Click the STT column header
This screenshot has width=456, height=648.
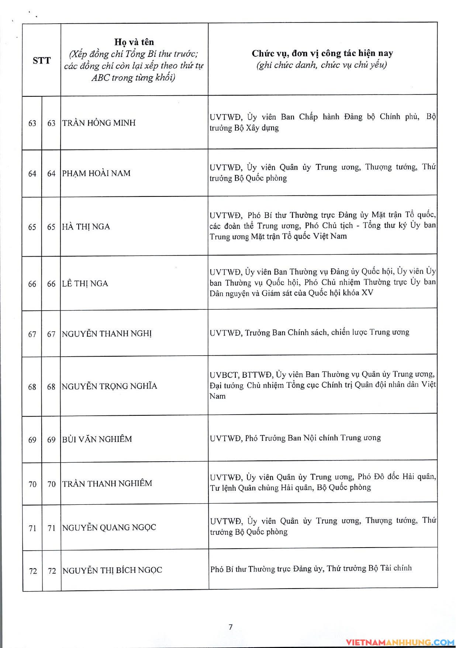(x=41, y=61)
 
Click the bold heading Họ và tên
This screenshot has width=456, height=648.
(x=134, y=42)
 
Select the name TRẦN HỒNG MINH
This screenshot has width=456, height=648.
(x=99, y=123)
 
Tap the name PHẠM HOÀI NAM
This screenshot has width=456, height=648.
(x=96, y=173)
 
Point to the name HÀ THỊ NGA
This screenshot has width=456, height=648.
(x=86, y=227)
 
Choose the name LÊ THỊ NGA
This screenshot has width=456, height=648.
(x=85, y=284)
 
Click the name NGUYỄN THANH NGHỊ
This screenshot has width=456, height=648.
(x=107, y=334)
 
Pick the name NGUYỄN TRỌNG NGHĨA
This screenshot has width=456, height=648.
(x=110, y=386)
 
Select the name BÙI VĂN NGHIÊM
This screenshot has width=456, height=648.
(x=97, y=439)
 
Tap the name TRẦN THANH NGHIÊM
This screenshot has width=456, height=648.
(x=107, y=484)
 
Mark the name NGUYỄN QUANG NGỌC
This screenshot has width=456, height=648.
(x=109, y=528)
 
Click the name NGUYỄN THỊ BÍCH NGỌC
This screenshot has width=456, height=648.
(x=112, y=570)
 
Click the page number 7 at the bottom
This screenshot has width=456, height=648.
(x=231, y=627)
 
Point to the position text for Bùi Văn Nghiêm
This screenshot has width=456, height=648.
(x=295, y=438)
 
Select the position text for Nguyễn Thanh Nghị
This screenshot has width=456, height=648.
(x=309, y=333)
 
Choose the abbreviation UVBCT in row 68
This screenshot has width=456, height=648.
(x=224, y=375)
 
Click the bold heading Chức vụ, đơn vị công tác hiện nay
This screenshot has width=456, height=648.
(x=322, y=54)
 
